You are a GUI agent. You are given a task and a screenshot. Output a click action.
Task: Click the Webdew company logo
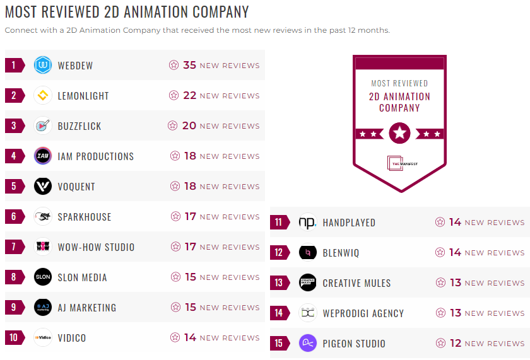(43, 65)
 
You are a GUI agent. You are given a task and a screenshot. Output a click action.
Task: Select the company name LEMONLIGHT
(83, 96)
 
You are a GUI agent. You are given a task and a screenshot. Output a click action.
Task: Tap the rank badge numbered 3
(15, 126)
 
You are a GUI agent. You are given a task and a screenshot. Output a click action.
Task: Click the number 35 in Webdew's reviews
(189, 65)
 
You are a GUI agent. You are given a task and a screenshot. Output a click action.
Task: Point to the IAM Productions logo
(43, 156)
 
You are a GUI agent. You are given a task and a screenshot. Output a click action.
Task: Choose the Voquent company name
(76, 187)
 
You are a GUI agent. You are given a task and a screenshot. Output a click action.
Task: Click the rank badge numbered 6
(15, 217)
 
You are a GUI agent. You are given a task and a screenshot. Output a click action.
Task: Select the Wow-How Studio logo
(43, 247)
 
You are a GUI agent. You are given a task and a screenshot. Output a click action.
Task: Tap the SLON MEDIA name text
(82, 277)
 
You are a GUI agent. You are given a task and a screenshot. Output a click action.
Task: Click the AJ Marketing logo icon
(43, 308)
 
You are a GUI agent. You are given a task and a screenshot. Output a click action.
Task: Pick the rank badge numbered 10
(15, 338)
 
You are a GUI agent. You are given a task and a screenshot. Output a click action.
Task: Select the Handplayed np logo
(307, 223)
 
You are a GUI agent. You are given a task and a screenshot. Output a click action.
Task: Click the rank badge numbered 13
(279, 283)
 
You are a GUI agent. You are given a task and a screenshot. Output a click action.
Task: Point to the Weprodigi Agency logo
(307, 313)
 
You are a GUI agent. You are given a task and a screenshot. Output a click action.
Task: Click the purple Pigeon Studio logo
(307, 344)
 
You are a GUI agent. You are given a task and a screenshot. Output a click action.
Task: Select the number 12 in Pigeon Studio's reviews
(455, 344)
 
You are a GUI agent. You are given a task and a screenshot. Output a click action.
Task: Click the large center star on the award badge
(399, 133)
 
